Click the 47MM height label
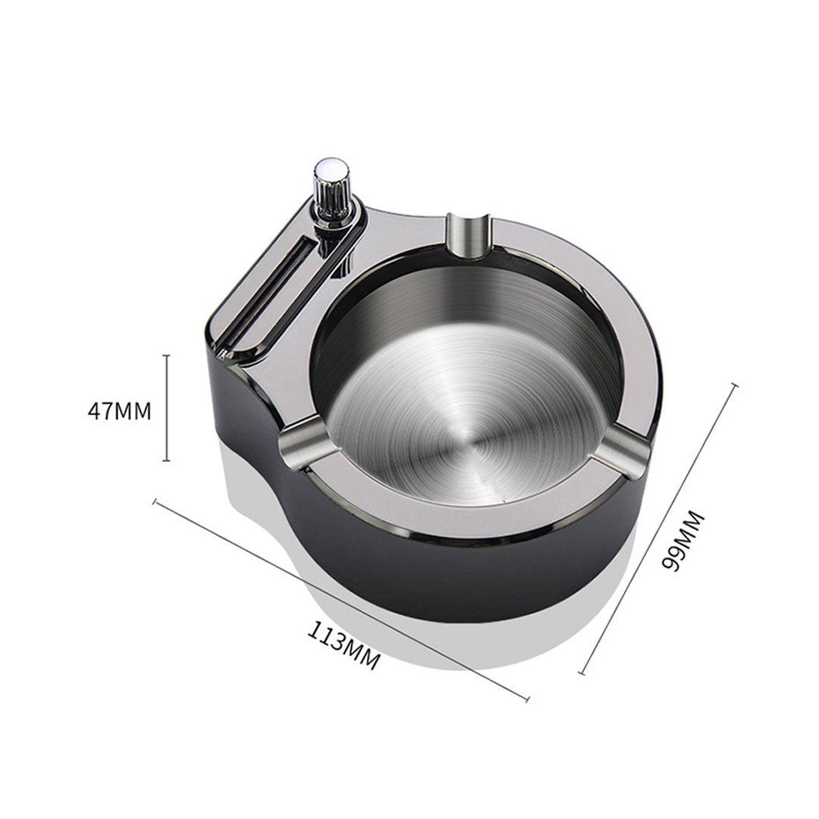pyautogui.click(x=119, y=411)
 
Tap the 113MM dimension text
pyautogui.click(x=343, y=645)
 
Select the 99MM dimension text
pyautogui.click(x=682, y=541)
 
